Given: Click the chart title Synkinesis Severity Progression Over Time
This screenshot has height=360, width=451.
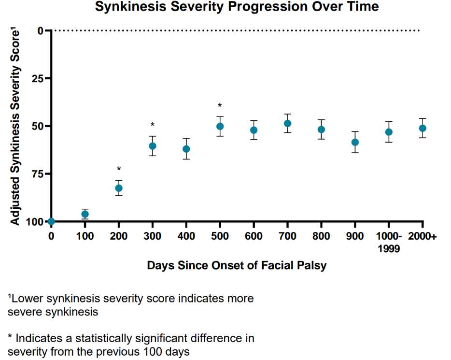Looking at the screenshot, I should click(237, 7).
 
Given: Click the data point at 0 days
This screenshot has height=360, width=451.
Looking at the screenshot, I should click(51, 222).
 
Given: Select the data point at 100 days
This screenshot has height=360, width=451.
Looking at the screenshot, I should click(85, 214).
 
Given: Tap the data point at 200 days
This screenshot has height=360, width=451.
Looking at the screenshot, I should click(119, 188).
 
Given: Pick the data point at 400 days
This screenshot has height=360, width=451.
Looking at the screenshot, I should click(186, 149).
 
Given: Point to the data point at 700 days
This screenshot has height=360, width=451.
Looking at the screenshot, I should click(287, 123).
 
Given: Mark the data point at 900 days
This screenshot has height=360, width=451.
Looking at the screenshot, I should click(355, 142).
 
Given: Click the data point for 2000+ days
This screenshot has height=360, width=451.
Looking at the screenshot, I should click(423, 128).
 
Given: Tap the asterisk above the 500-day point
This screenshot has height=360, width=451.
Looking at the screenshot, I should click(220, 106).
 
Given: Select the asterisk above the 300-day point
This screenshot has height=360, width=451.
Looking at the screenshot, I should click(153, 125).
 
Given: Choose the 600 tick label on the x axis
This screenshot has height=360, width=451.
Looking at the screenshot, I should click(254, 236).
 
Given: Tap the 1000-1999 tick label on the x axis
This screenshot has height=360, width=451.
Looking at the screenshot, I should click(389, 241).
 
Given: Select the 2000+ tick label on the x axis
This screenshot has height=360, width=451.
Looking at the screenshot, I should click(423, 236).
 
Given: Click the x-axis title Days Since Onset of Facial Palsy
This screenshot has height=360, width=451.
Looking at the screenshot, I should click(237, 265).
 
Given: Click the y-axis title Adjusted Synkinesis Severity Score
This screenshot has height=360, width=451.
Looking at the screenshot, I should click(15, 127).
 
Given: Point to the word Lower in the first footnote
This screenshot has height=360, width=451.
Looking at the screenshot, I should click(24, 299).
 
